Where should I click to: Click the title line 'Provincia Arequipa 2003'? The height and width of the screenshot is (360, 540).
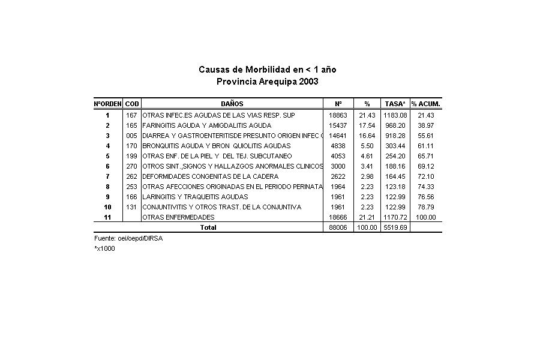coord(267,82)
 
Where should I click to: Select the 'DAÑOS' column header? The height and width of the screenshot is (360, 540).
coord(232,104)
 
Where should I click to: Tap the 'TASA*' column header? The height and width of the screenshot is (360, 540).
coord(395,104)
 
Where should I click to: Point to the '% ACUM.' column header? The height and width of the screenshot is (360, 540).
coord(426,104)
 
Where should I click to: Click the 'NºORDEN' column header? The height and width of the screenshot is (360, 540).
coord(108,104)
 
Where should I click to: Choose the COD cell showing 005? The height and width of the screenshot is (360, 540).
coord(132,136)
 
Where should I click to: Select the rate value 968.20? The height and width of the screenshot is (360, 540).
coord(395,125)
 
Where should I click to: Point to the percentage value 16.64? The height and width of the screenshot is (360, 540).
coord(367,136)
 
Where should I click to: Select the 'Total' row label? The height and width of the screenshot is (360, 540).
coord(208,227)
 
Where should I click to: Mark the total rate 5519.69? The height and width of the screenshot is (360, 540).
coord(395,228)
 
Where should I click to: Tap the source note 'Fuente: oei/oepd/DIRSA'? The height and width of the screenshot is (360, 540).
coord(128,238)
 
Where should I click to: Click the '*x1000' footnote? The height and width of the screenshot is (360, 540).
coord(104,248)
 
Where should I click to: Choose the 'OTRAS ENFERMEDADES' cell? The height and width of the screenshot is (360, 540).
coord(178,217)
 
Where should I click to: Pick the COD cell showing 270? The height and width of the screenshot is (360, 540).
coord(132,166)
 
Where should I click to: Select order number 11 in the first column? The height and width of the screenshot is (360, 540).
coord(108,217)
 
